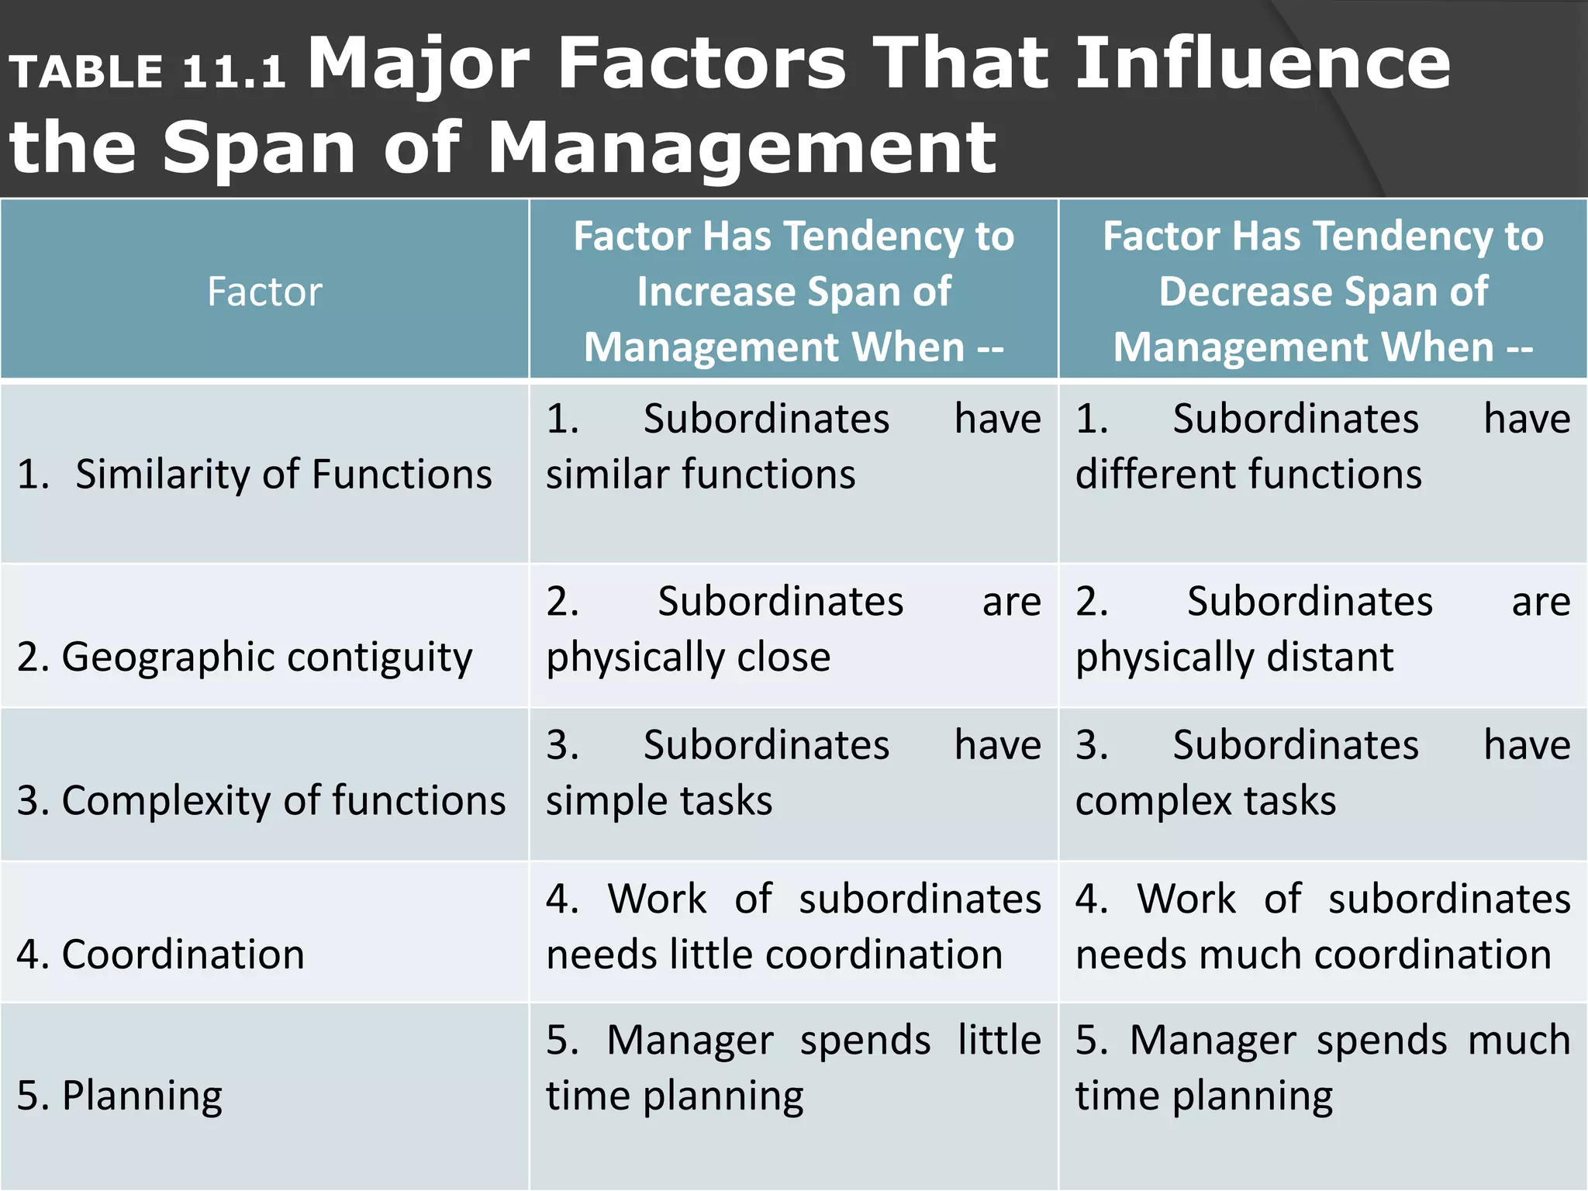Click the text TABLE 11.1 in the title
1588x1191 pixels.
(147, 72)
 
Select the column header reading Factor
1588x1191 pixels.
(264, 292)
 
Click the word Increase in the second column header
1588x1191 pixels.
(713, 292)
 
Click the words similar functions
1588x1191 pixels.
(700, 474)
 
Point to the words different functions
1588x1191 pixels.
(1248, 474)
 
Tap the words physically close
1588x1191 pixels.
(688, 657)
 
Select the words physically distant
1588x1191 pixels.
(1234, 657)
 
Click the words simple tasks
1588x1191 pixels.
(659, 800)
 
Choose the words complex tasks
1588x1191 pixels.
(1206, 800)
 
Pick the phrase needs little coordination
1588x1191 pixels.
(774, 954)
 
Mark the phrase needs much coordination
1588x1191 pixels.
(1313, 954)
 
